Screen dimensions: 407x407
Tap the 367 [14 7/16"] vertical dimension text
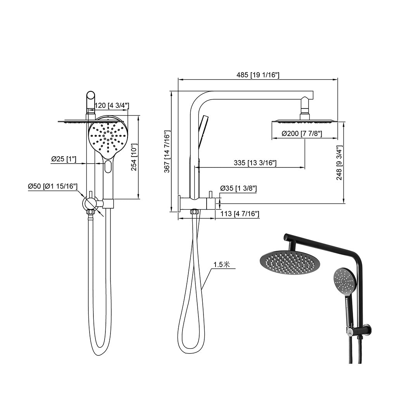(167, 152)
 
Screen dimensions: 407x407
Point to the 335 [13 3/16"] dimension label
(255, 163)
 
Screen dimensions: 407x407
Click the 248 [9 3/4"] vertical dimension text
(340, 163)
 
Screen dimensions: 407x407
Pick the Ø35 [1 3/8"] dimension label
(238, 188)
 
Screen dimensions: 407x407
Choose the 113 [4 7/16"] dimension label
(238, 214)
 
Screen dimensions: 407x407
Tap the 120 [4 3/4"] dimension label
(112, 105)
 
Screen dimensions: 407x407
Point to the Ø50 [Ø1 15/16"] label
(53, 186)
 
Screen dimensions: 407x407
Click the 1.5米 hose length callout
(222, 265)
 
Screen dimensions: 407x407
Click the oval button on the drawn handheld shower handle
(107, 167)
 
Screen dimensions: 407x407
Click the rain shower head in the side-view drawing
(305, 121)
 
